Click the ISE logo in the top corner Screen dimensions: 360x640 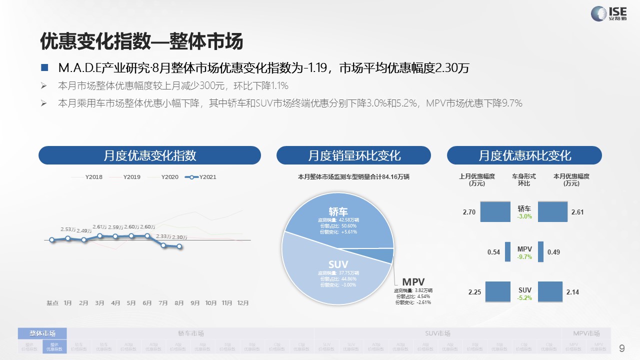pyautogui.click(x=609, y=13)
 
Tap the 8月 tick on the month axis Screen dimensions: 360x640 pyautogui.click(x=179, y=303)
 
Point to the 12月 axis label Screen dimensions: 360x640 pyautogui.click(x=243, y=303)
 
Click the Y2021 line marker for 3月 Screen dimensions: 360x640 pyautogui.click(x=99, y=236)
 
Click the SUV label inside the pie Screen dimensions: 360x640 pyautogui.click(x=338, y=264)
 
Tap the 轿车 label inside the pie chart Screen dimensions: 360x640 pyautogui.click(x=338, y=211)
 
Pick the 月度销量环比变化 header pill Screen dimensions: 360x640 pyautogui.click(x=353, y=155)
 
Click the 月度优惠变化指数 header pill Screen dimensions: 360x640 pyautogui.click(x=149, y=155)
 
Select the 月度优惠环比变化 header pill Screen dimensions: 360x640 pyautogui.click(x=524, y=155)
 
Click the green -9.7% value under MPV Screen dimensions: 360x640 pyautogui.click(x=524, y=257)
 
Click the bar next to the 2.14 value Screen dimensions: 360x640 pyautogui.click(x=550, y=291)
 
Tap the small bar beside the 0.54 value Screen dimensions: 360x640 pyautogui.click(x=507, y=252)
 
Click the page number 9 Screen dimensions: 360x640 pyautogui.click(x=622, y=348)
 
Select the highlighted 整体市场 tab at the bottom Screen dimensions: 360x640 pyautogui.click(x=42, y=333)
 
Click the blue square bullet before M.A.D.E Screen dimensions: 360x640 pyautogui.click(x=44, y=68)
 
